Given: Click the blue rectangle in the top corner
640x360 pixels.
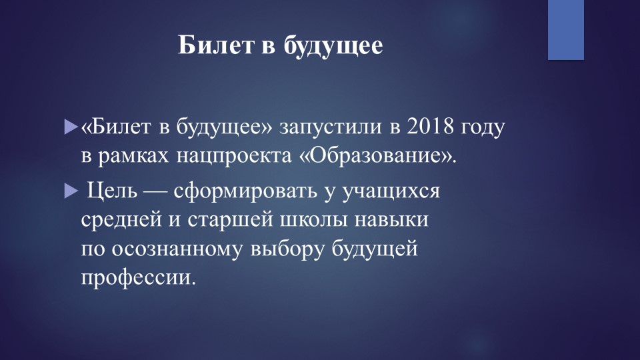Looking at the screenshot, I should pyautogui.click(x=566, y=30).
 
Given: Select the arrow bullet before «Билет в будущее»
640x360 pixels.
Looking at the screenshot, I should pyautogui.click(x=71, y=125).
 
